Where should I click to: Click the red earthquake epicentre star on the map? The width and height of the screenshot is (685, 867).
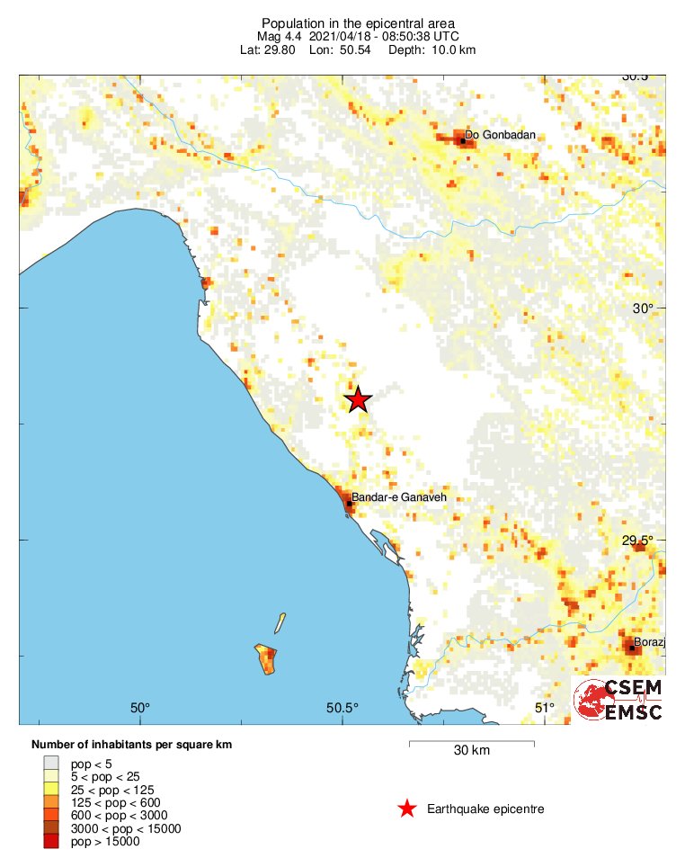358,399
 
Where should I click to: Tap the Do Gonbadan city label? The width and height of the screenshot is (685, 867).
500,135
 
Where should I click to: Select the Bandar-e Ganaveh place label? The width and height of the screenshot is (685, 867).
398,497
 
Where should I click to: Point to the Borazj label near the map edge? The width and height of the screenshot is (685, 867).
649,642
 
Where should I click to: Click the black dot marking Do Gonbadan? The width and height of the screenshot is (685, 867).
463,141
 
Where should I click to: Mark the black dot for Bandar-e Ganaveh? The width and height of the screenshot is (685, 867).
349,504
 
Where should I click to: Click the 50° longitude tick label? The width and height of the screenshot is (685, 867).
140,708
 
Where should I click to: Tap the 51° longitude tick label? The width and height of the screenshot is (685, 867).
546,708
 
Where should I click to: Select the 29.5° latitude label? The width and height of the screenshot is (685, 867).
637,541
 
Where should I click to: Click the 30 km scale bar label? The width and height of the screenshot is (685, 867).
471,751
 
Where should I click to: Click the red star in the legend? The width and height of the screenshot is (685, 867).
406,809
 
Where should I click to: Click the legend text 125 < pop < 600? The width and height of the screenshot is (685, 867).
113,802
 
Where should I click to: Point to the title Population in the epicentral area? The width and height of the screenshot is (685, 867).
358,22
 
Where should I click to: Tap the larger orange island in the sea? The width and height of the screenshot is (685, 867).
266,659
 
